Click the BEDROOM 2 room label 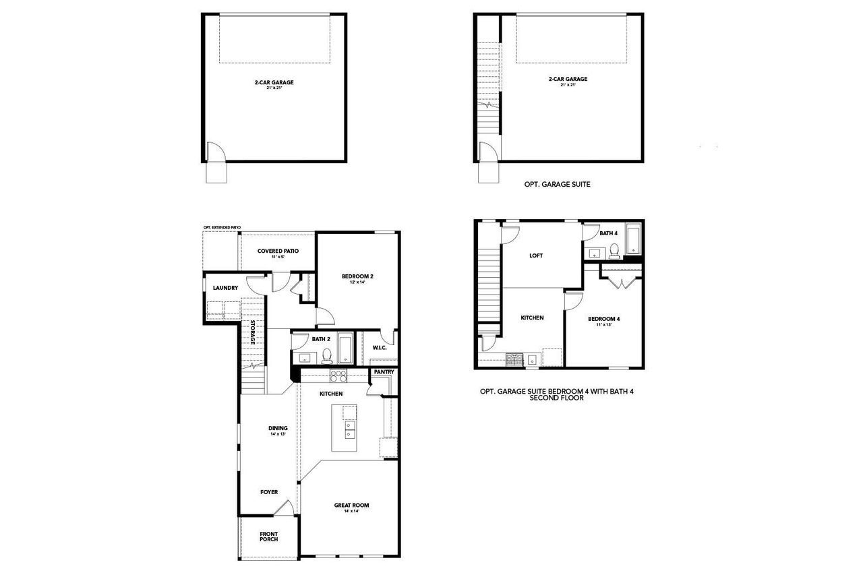[357, 277]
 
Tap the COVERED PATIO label [278, 251]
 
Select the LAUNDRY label [225, 289]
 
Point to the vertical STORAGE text [253, 333]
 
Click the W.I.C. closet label [379, 348]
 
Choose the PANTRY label [382, 372]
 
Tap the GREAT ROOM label [351, 506]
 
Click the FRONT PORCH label [268, 537]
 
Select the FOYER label [269, 492]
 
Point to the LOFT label [537, 255]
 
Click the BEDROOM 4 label [603, 320]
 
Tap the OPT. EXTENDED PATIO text [221, 228]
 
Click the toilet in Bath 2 [327, 355]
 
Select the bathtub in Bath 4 [634, 241]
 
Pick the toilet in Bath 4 [614, 251]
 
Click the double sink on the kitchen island [350, 429]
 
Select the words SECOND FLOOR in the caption [556, 398]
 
